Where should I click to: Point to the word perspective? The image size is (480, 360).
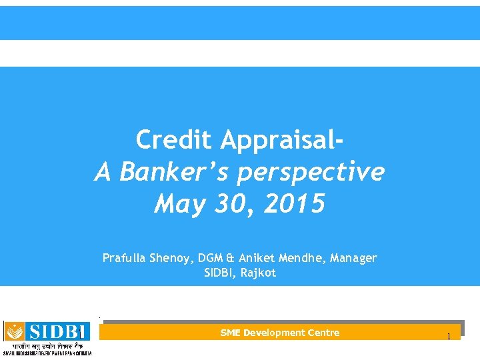click(x=311, y=172)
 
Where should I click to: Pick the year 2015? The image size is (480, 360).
click(x=294, y=204)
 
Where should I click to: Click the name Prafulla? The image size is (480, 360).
click(x=123, y=257)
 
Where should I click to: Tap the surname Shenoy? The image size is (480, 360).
click(x=171, y=257)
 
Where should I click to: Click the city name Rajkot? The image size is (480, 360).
click(x=257, y=273)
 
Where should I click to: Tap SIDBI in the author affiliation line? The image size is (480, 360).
click(x=219, y=273)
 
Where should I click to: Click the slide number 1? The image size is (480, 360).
click(x=449, y=336)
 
